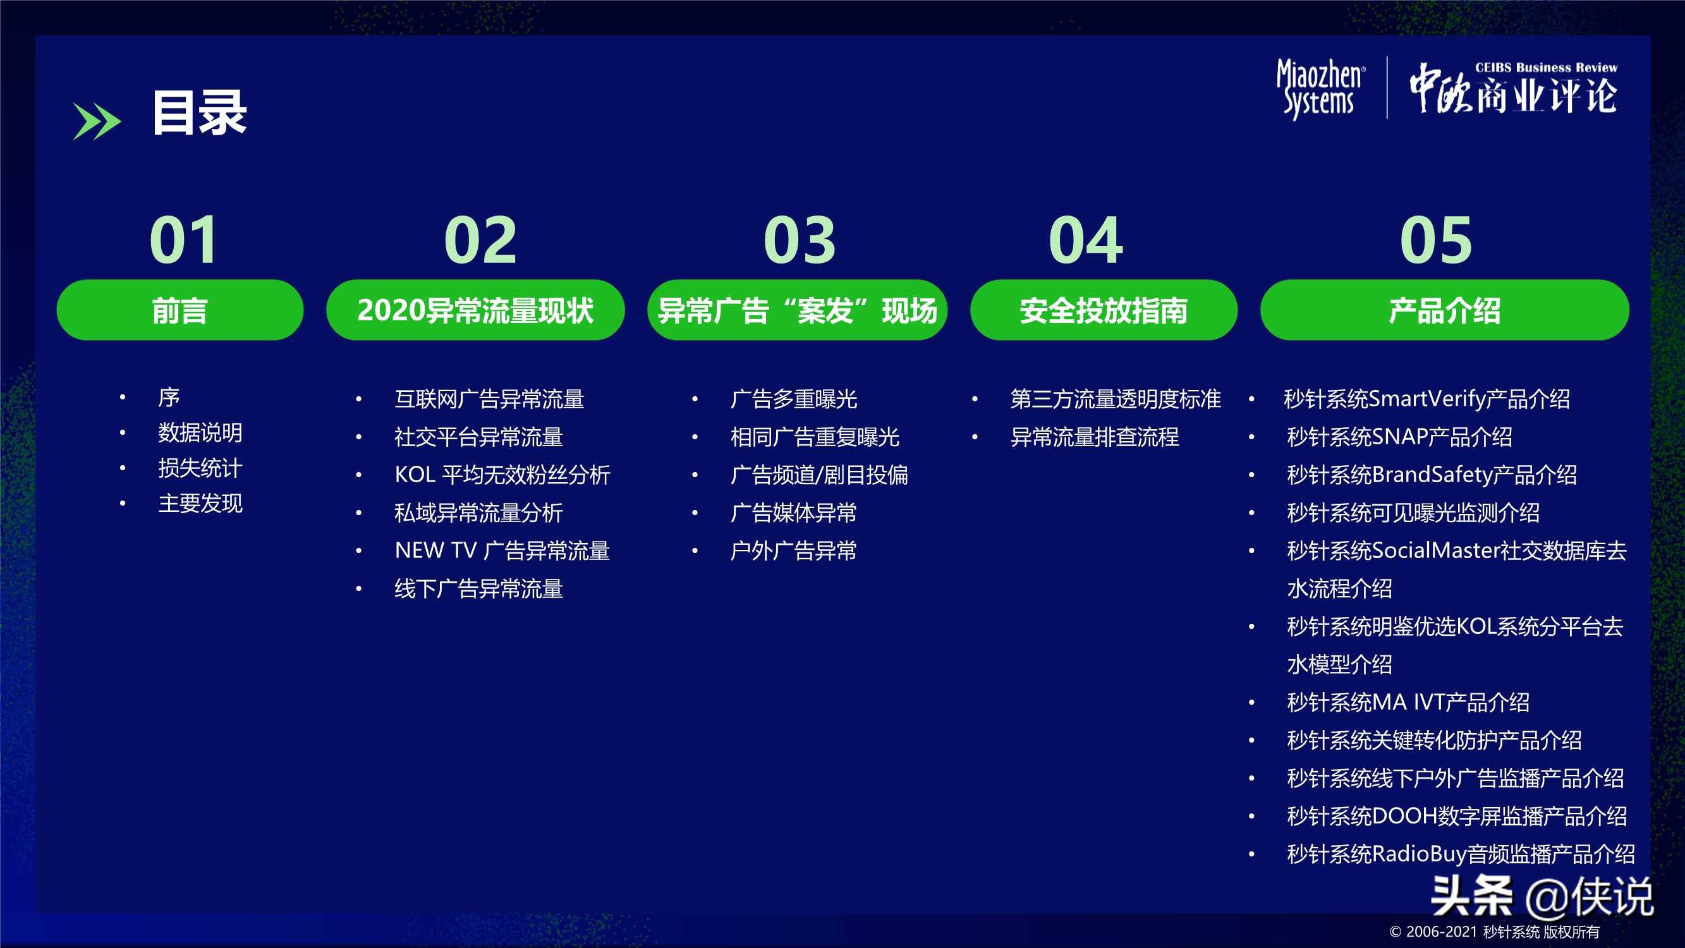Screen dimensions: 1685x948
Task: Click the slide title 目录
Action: click(200, 113)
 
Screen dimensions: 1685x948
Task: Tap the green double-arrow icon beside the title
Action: click(97, 122)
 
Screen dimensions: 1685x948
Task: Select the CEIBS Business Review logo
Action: click(1513, 88)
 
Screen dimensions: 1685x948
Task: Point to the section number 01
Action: click(184, 240)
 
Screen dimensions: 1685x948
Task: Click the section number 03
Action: click(800, 240)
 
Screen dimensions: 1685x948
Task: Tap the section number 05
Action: click(1436, 240)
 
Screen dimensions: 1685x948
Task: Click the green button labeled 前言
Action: click(180, 310)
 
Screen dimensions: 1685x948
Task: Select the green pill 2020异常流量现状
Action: click(475, 310)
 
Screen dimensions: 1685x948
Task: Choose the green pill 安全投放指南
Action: click(1104, 310)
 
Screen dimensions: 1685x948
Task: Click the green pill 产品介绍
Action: click(1444, 310)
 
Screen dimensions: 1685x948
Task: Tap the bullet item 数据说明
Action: click(200, 433)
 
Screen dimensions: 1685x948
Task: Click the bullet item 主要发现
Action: click(200, 504)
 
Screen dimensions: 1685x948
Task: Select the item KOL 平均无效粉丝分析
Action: click(502, 475)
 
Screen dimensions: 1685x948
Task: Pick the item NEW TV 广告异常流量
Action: click(502, 551)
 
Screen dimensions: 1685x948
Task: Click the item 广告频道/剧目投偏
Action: click(819, 475)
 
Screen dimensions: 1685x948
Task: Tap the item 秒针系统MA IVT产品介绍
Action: click(1408, 703)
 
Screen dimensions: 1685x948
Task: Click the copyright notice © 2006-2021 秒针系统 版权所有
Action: click(1494, 932)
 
